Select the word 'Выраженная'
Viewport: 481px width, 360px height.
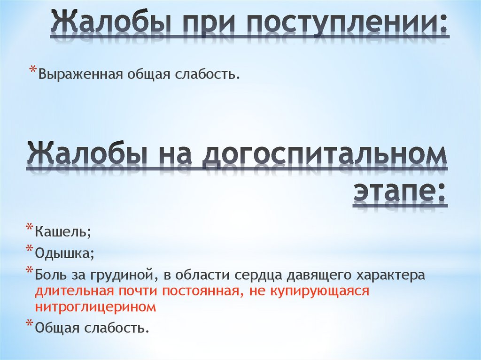tap(80, 74)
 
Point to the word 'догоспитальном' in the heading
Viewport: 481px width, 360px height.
tap(325, 155)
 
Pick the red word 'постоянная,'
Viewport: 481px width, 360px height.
tap(204, 291)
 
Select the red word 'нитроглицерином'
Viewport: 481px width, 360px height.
tap(95, 307)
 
